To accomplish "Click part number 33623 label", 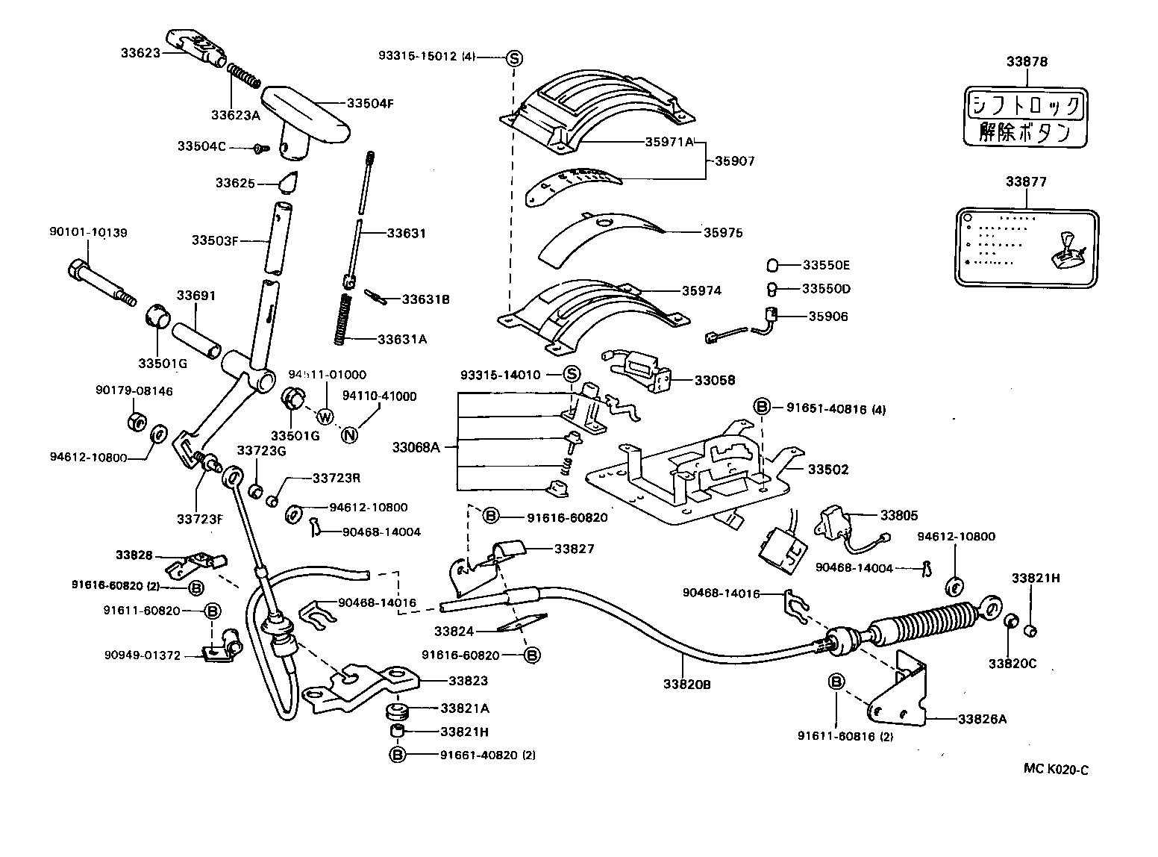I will (140, 53).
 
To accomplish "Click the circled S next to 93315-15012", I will (514, 57).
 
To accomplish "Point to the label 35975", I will (722, 233).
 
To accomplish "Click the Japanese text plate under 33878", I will (1026, 117).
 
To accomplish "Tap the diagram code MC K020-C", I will (1055, 770).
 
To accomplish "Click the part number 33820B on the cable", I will (686, 682).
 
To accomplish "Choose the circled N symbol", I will (349, 434).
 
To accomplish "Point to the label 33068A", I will (416, 448).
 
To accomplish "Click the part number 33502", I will (828, 470).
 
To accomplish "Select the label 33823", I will (468, 680).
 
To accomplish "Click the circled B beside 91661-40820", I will (397, 755).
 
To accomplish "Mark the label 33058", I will (714, 380).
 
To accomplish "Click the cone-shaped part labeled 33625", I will (286, 182).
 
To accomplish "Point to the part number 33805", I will (899, 515).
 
